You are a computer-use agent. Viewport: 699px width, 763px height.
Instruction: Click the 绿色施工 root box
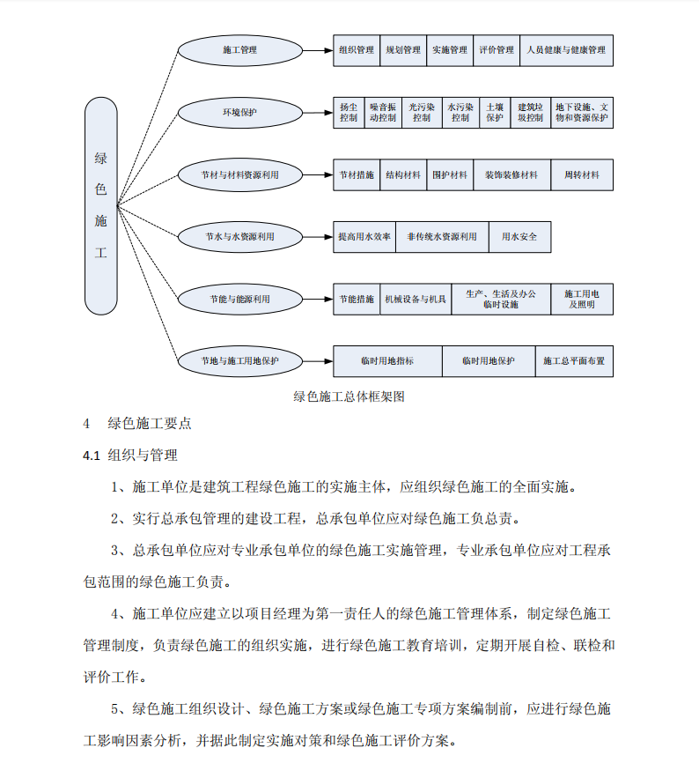pos(101,206)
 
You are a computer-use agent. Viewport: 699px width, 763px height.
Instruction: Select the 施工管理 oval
pos(239,50)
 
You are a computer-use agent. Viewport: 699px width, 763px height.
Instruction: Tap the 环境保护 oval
pos(239,113)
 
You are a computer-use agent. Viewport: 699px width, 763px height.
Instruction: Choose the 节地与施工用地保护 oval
pos(239,361)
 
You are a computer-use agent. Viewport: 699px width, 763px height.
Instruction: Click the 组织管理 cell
pos(357,50)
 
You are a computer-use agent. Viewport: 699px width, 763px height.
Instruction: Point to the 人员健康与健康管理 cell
pos(566,50)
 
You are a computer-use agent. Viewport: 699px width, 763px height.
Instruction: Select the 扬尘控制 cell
pos(349,112)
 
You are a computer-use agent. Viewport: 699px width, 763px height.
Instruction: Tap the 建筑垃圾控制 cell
pos(531,112)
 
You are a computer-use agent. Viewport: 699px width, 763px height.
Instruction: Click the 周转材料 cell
pos(582,175)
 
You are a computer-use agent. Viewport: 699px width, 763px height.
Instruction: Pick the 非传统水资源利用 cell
pos(442,237)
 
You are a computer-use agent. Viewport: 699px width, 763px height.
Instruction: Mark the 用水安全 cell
pos(519,237)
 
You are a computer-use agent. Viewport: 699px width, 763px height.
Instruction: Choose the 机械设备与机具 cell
pos(416,300)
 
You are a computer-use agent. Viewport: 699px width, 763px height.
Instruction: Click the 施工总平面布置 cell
pos(574,361)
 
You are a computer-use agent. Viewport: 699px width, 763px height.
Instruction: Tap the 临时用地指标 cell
pos(387,361)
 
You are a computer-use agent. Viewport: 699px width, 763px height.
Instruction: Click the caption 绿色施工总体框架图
pos(349,396)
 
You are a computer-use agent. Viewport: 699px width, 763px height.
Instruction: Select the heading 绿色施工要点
pos(150,423)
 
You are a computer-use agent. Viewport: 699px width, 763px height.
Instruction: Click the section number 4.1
pos(92,456)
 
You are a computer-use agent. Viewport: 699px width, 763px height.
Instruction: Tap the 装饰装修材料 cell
pos(511,175)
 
